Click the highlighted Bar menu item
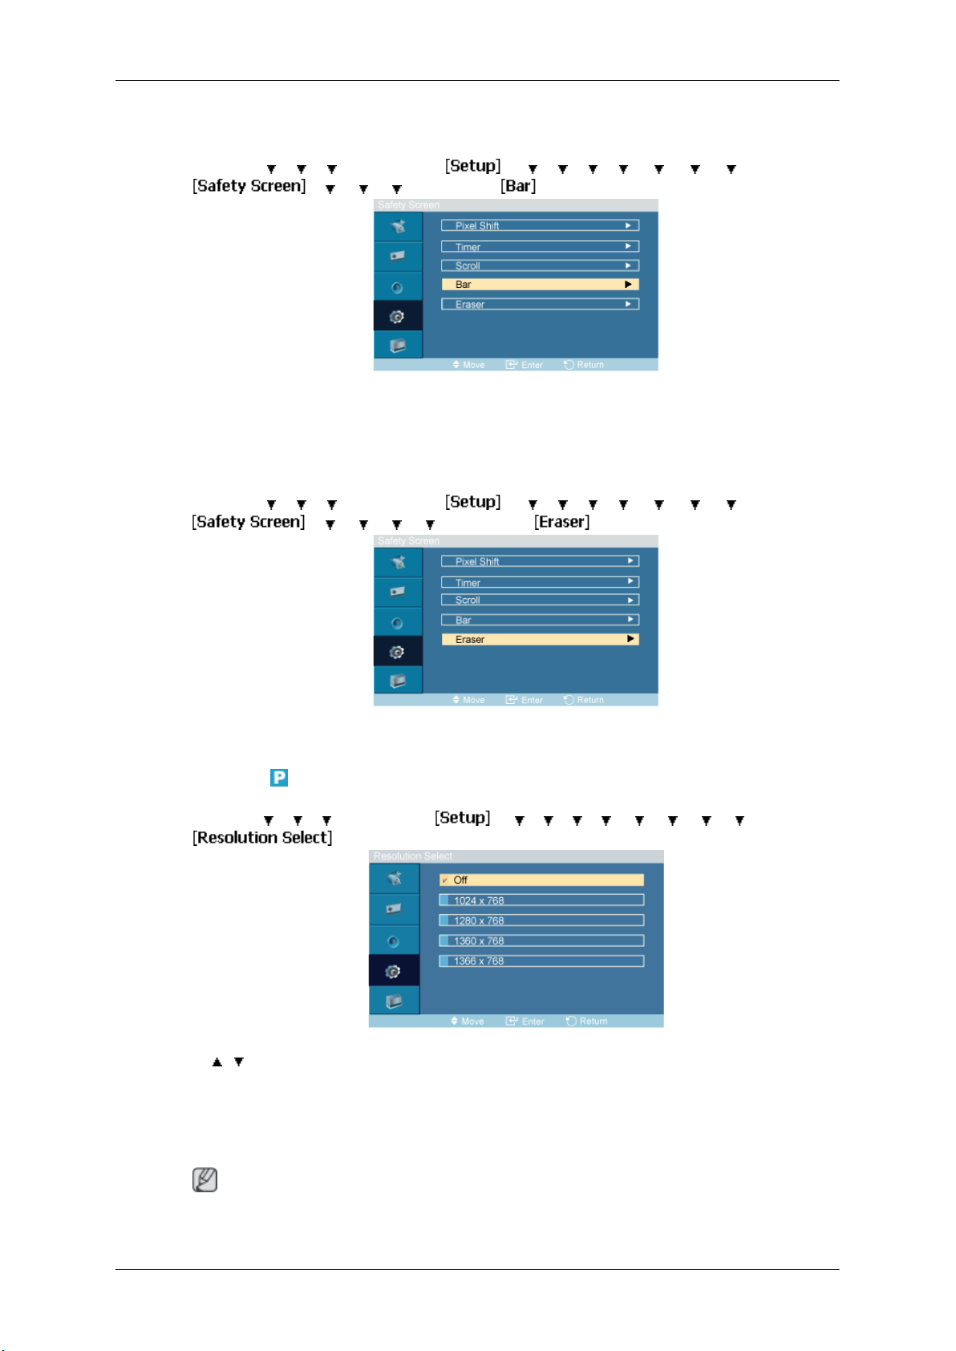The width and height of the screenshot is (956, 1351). [540, 285]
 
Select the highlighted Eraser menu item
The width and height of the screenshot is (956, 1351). [540, 640]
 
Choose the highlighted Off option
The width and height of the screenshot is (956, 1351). [541, 880]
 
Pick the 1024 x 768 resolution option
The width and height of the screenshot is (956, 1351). [541, 900]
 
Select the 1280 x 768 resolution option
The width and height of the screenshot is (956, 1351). [541, 920]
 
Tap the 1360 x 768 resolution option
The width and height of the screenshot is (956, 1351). [541, 940]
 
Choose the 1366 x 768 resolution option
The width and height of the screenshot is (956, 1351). [541, 961]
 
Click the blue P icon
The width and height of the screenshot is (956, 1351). [279, 778]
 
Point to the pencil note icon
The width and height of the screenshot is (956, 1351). [205, 1180]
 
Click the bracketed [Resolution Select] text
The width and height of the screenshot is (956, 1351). [262, 838]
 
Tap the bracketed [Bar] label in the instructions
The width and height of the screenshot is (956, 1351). [518, 186]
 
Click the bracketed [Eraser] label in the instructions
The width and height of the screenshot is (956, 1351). [562, 522]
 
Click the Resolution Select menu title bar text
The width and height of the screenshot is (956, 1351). [413, 856]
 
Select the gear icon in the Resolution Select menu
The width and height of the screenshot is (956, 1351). [393, 972]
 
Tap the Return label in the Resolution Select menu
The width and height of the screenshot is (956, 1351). [593, 1021]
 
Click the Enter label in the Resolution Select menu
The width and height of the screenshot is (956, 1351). [533, 1021]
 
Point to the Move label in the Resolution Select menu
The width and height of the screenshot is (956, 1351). [472, 1021]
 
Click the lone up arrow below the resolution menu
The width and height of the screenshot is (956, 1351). [217, 1062]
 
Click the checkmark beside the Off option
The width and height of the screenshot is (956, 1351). [444, 880]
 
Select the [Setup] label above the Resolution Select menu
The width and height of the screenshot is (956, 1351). [463, 818]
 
